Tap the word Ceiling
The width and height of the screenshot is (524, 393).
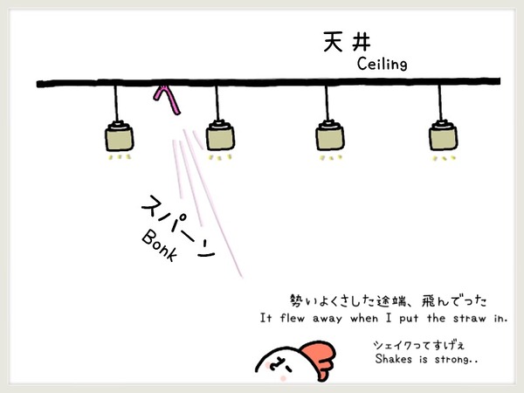(383, 64)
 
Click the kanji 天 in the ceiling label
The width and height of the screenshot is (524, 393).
(334, 42)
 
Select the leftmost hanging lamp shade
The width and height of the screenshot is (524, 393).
(120, 138)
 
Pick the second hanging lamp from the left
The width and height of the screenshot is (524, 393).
(220, 137)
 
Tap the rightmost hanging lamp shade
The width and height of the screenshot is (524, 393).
(443, 137)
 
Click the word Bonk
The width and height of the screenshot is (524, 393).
(159, 245)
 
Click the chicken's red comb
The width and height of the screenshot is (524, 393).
(318, 359)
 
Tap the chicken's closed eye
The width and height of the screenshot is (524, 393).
(279, 364)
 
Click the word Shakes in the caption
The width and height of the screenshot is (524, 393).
(393, 359)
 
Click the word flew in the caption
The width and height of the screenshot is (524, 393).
(292, 318)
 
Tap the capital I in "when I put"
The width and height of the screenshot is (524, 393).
(389, 318)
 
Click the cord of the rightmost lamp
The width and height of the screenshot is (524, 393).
(440, 103)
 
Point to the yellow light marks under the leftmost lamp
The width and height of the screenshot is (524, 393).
(119, 156)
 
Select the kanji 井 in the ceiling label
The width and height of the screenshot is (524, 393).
(361, 43)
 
